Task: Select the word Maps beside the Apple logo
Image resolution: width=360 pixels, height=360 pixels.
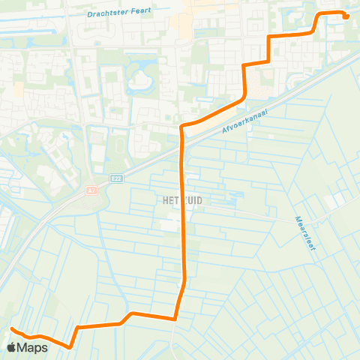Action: (x=34, y=347)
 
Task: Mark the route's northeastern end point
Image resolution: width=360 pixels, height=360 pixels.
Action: (x=347, y=17)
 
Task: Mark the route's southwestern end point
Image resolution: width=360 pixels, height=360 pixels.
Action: (x=13, y=329)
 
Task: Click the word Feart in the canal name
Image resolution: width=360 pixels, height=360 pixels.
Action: (x=139, y=11)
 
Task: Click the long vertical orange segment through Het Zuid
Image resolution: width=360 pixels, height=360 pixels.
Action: (x=183, y=225)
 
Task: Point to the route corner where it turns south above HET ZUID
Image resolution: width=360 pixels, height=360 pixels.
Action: (x=182, y=127)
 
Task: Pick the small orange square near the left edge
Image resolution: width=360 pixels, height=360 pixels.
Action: (x=18, y=90)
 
